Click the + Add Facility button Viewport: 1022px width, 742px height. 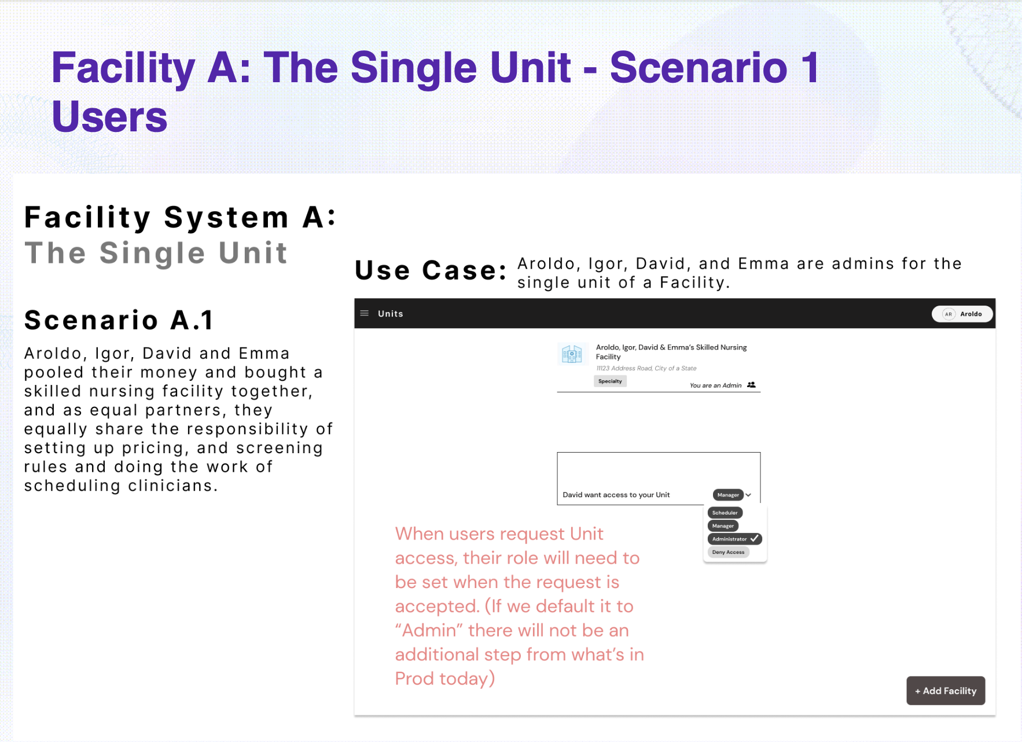[x=946, y=690]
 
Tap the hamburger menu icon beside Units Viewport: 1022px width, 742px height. [x=365, y=313]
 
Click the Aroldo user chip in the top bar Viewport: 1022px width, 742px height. [x=962, y=314]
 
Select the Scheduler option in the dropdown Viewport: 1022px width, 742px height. [x=725, y=513]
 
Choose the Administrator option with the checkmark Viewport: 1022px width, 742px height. [x=734, y=539]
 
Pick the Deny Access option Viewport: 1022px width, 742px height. [x=728, y=552]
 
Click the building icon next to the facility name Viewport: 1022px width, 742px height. [x=572, y=354]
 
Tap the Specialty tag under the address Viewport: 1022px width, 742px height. [x=610, y=381]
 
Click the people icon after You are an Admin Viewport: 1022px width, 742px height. [x=751, y=385]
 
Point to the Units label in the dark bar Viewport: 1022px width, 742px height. [x=391, y=314]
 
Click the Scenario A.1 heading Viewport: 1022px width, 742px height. [x=119, y=320]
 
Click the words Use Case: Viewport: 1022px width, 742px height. [x=431, y=270]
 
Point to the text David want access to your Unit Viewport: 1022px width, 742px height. [x=616, y=495]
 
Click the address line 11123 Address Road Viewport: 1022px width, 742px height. [x=646, y=368]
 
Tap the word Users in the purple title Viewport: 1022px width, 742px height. [x=109, y=116]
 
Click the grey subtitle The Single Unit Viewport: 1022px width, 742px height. [x=156, y=253]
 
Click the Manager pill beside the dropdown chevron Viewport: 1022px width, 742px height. [x=728, y=495]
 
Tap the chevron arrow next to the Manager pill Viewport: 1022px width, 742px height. [x=748, y=495]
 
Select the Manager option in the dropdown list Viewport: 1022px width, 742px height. [x=723, y=526]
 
